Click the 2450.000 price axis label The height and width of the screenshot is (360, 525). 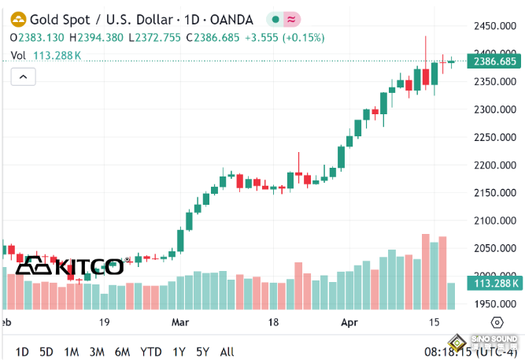(494, 26)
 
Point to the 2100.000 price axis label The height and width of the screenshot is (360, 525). (494, 221)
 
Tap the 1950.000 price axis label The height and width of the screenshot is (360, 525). (494, 305)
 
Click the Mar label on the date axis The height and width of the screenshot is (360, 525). (180, 322)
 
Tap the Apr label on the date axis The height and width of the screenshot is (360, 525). (350, 322)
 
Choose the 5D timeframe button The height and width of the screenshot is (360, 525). (46, 351)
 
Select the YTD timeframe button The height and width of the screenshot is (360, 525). (150, 351)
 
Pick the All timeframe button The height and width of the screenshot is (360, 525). (227, 351)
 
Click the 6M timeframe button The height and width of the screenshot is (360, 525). (122, 351)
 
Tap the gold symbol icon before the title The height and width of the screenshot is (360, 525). (16, 19)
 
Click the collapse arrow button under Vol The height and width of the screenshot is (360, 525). (23, 76)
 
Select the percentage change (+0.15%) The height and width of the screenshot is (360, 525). (303, 37)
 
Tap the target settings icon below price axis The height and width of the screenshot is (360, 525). (497, 322)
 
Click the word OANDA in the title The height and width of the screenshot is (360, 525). (233, 19)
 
